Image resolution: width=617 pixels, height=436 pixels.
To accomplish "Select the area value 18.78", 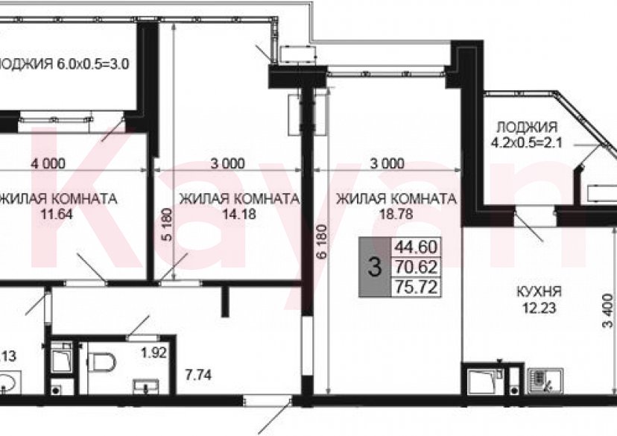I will pyautogui.click(x=395, y=214).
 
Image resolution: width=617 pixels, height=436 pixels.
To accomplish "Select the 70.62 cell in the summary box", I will pyautogui.click(x=418, y=266).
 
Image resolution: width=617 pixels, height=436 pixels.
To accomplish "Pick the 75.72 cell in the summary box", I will pyautogui.click(x=418, y=285).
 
